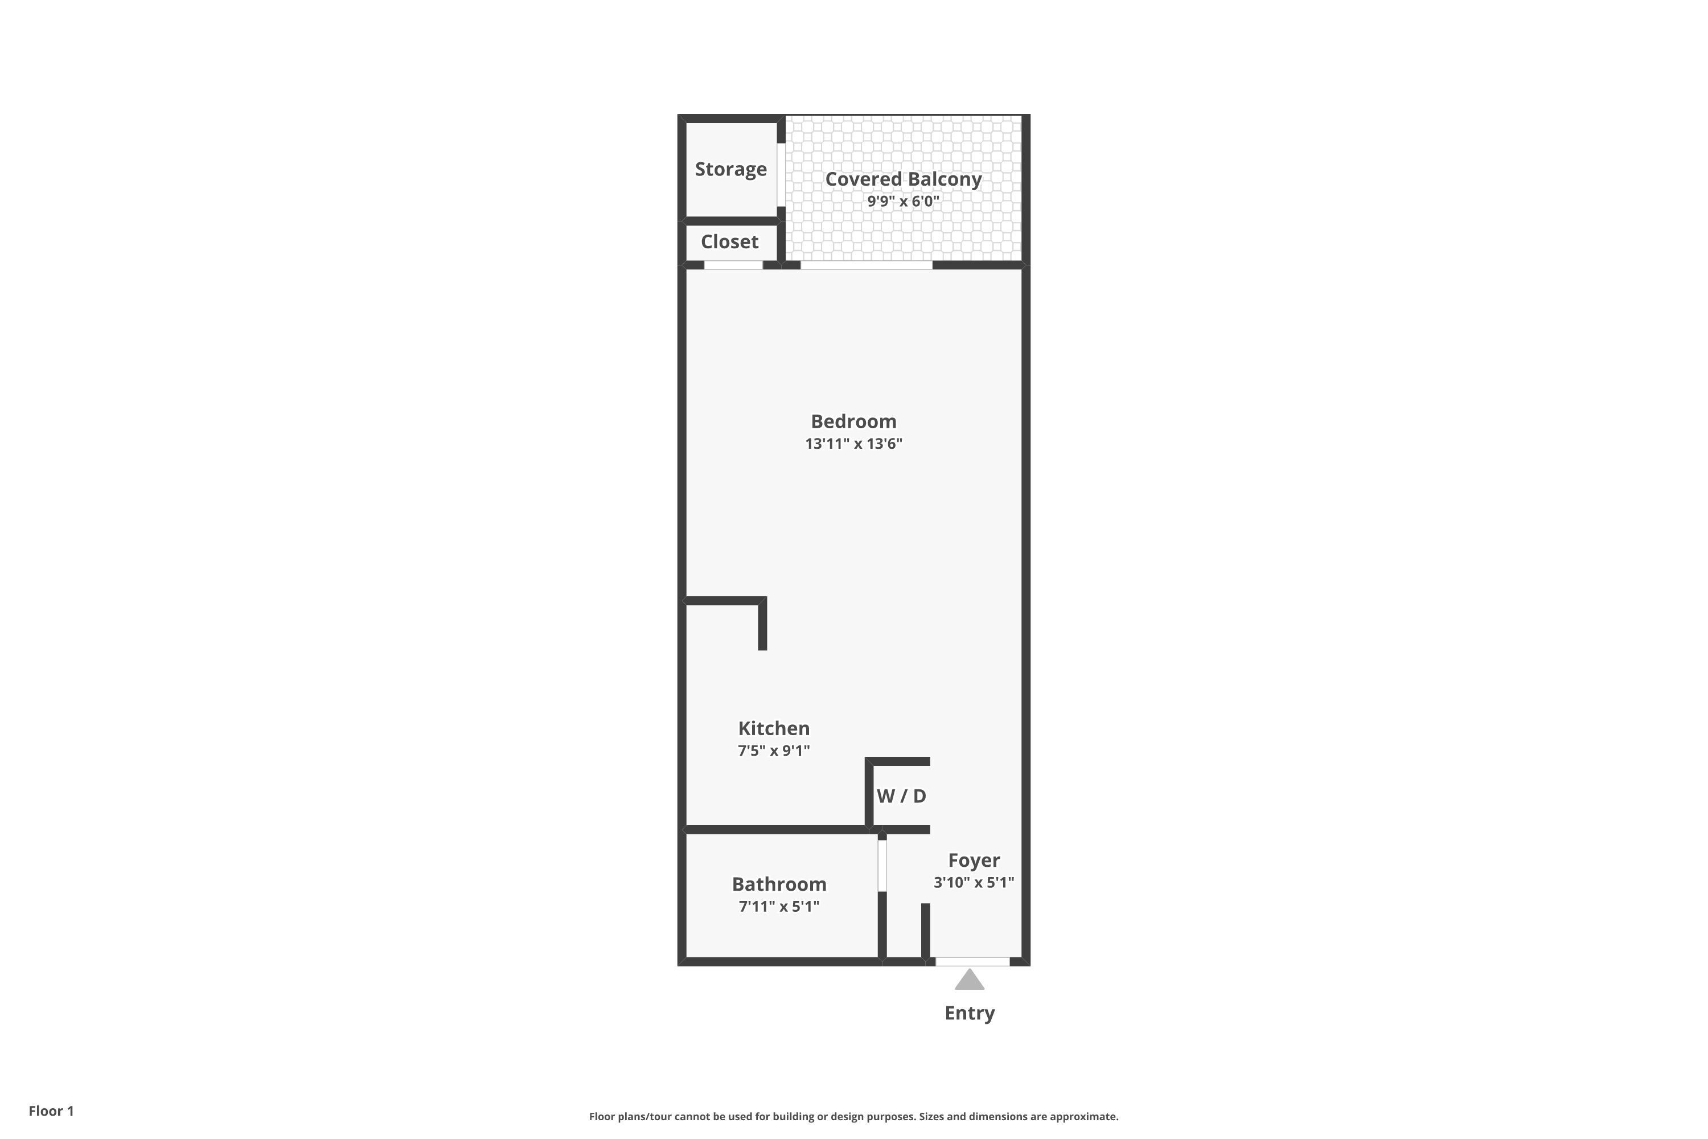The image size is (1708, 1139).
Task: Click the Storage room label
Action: coord(730,169)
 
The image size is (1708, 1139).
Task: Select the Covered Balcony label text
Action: coord(904,179)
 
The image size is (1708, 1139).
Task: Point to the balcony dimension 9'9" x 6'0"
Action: coord(904,201)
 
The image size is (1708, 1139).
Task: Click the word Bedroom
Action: coord(853,421)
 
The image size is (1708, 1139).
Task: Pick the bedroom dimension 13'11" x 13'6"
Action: coord(853,444)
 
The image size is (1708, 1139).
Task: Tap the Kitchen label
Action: coord(773,728)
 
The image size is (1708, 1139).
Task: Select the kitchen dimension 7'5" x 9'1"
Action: coord(773,751)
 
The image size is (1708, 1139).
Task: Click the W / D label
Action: coord(901,796)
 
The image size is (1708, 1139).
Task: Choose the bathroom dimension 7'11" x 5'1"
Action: coord(779,907)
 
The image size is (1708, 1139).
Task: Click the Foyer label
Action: coord(974,861)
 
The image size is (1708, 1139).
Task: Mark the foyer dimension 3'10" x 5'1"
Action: coord(974,883)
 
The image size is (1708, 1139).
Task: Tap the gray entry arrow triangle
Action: coord(970,981)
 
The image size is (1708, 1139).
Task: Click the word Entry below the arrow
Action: coord(970,1013)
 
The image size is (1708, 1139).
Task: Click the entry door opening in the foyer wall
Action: coord(972,962)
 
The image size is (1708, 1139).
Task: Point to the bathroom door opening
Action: coord(882,866)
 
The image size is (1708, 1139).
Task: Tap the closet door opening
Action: coord(733,265)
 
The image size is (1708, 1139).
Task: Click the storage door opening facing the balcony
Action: coord(781,175)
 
